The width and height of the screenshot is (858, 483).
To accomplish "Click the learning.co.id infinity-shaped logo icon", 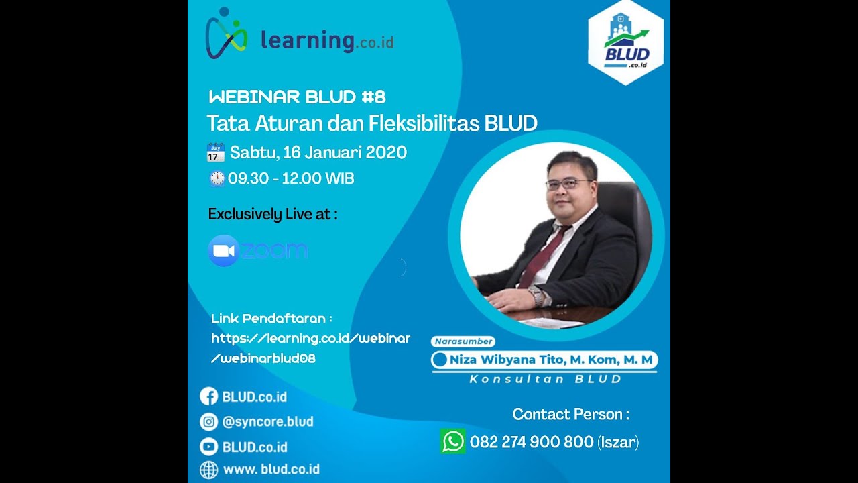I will tap(227, 34).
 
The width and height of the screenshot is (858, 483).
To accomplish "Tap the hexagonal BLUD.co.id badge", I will tap(625, 42).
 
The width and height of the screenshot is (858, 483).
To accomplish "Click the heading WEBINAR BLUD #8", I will tap(297, 97).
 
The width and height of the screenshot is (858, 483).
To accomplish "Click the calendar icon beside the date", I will tap(215, 152).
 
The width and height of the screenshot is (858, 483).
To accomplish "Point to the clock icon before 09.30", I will tap(217, 178).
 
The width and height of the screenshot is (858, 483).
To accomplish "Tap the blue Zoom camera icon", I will tap(223, 251).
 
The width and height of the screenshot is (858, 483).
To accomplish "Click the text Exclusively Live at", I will tap(272, 214).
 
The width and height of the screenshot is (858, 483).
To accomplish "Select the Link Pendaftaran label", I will tap(271, 318).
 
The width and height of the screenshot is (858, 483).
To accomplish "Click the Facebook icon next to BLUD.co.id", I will tap(209, 396).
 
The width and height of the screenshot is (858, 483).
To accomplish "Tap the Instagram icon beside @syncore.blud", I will tap(209, 421).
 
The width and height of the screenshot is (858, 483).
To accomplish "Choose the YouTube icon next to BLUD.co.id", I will tap(209, 447).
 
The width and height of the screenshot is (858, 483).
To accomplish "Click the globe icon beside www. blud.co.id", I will tap(209, 469).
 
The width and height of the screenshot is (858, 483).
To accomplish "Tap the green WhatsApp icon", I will tap(452, 441).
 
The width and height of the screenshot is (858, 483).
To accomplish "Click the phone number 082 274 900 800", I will tap(531, 442).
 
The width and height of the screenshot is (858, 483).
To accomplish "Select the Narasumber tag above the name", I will tap(463, 341).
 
